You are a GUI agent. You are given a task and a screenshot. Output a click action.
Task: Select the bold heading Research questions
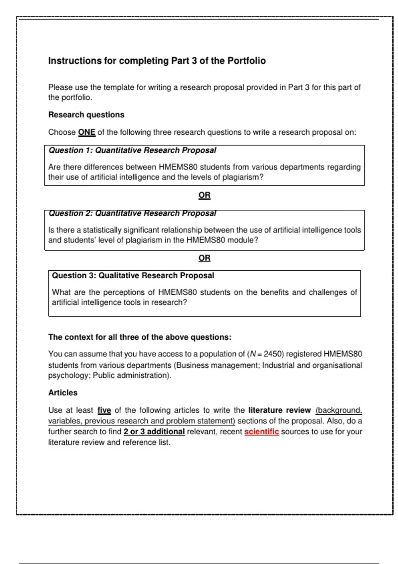click(x=86, y=115)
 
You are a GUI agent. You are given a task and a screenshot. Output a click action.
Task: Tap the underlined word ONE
click(x=87, y=132)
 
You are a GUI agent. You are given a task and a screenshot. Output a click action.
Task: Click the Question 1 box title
click(x=132, y=150)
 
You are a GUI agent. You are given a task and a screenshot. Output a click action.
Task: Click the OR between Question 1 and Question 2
click(x=204, y=195)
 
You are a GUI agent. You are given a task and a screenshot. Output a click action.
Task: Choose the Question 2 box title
click(x=132, y=213)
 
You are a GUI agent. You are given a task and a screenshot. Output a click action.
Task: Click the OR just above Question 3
click(x=204, y=258)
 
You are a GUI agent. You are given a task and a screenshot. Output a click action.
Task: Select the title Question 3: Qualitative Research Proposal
click(x=133, y=276)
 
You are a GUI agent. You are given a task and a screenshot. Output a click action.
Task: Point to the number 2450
click(x=274, y=354)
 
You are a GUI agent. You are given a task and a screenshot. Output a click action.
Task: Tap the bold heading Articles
click(x=63, y=393)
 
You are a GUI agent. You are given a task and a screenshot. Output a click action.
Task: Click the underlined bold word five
click(x=104, y=410)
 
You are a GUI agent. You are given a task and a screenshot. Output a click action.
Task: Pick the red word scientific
click(x=261, y=432)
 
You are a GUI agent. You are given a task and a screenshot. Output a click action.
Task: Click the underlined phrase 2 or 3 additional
click(x=154, y=432)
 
